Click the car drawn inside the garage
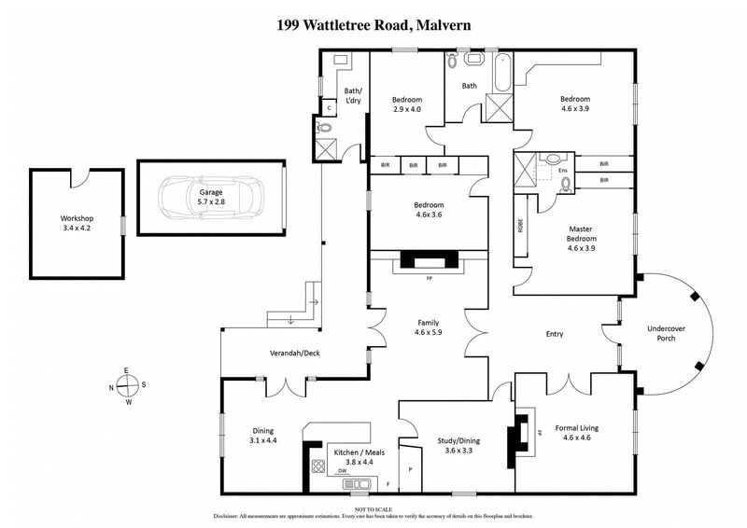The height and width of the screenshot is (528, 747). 211,197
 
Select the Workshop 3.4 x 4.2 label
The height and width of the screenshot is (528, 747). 78,224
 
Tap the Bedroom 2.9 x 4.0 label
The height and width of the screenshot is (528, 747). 406,104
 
